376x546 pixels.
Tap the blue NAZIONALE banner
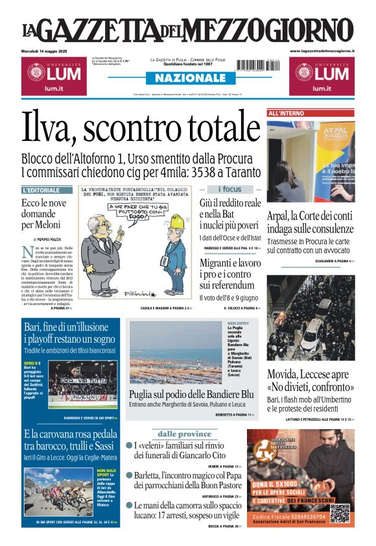pyautogui.click(x=187, y=78)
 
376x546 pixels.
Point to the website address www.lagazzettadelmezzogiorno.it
pyautogui.click(x=322, y=51)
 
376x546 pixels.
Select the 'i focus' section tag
pyautogui.click(x=229, y=189)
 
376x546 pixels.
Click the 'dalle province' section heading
pyautogui.click(x=185, y=434)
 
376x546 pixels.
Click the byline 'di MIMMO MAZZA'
pyautogui.click(x=49, y=240)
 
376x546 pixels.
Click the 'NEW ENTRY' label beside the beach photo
pyautogui.click(x=238, y=323)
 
